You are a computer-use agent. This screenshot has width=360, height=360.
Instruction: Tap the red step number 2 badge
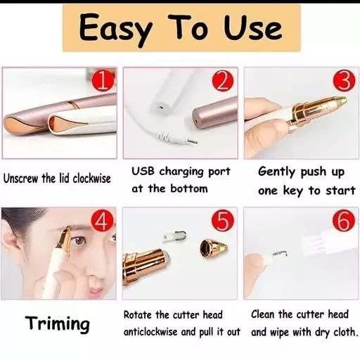point(223,82)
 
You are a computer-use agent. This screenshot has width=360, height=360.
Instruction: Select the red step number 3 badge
point(344,82)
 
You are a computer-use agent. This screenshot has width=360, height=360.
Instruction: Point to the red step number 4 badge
point(103,221)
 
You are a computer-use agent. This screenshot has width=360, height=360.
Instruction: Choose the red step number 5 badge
point(223,221)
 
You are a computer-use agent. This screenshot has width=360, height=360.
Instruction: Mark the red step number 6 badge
point(344,221)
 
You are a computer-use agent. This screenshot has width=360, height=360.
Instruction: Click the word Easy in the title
point(115,30)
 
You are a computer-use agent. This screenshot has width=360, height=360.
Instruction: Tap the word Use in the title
point(252,28)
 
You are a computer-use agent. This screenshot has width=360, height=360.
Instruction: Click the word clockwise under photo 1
point(91,179)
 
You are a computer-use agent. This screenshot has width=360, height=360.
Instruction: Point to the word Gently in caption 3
point(277,172)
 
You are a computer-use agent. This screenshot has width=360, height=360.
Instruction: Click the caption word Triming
point(58,324)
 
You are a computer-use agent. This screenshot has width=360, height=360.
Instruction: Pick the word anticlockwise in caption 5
point(150,332)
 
